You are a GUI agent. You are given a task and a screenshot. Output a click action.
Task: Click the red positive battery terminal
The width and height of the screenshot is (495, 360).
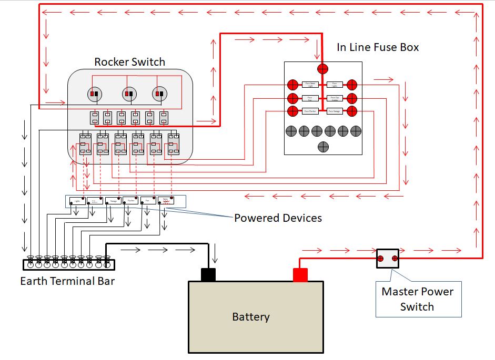click(x=300, y=274)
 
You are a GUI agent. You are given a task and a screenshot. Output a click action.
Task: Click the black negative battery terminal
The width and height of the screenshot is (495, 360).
click(x=208, y=274)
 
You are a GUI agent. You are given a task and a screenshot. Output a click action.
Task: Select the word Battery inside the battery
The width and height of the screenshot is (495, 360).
click(x=251, y=317)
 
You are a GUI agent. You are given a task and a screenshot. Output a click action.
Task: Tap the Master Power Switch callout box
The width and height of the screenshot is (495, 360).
click(x=418, y=300)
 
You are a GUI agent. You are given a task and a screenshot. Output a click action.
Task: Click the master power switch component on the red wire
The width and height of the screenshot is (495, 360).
click(x=387, y=259)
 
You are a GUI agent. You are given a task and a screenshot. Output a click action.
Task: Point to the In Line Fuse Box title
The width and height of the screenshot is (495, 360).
click(x=378, y=47)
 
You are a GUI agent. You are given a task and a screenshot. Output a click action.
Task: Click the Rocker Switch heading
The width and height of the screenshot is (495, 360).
click(x=129, y=62)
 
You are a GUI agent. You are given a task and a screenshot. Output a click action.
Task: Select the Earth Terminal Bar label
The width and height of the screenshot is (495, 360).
click(x=67, y=281)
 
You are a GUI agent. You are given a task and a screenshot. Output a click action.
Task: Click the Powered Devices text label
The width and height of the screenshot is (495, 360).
click(x=278, y=218)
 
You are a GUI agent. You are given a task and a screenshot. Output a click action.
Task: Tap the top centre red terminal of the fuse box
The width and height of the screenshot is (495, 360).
click(x=322, y=69)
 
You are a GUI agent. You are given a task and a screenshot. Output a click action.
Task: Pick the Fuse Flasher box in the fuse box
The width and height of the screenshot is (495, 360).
click(x=310, y=111)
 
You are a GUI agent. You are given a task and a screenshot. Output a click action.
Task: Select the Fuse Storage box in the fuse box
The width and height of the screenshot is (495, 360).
click(x=335, y=111)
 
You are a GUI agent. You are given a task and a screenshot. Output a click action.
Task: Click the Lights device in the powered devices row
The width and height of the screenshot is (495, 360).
click(x=77, y=200)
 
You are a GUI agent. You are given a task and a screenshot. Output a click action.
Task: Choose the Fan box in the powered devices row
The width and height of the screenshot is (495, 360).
click(x=148, y=200)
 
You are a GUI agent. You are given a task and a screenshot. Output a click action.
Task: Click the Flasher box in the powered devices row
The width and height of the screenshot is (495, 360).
click(x=130, y=200)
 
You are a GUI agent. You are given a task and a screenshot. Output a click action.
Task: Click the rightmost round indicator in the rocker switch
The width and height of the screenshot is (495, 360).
click(x=159, y=94)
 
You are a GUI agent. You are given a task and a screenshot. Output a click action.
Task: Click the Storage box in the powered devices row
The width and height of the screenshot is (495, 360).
click(x=113, y=200)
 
